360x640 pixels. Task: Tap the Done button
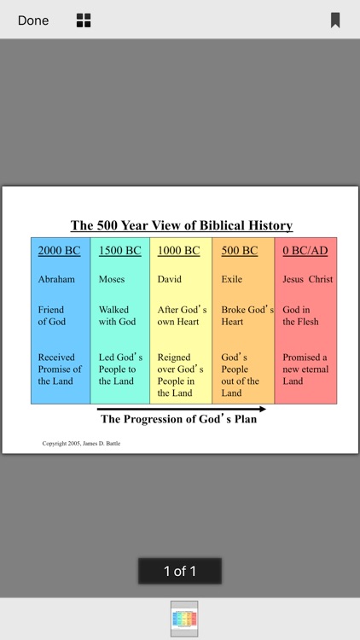click(33, 20)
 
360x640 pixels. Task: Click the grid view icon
click(84, 20)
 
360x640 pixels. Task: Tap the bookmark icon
click(335, 20)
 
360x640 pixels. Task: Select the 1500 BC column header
click(120, 251)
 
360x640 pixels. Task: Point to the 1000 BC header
click(178, 251)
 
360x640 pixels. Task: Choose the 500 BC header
click(239, 251)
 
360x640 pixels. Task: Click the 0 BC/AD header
click(305, 251)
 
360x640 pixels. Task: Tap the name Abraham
click(56, 279)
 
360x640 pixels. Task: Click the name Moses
click(112, 279)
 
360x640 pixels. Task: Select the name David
click(170, 279)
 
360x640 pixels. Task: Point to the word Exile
click(232, 279)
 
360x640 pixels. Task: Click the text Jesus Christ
click(308, 279)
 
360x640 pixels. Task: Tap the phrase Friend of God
click(52, 316)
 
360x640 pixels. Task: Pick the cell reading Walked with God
click(118, 316)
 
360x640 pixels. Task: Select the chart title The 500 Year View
click(181, 226)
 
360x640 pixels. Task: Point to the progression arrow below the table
click(181, 410)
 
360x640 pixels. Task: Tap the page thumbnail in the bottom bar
click(184, 619)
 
